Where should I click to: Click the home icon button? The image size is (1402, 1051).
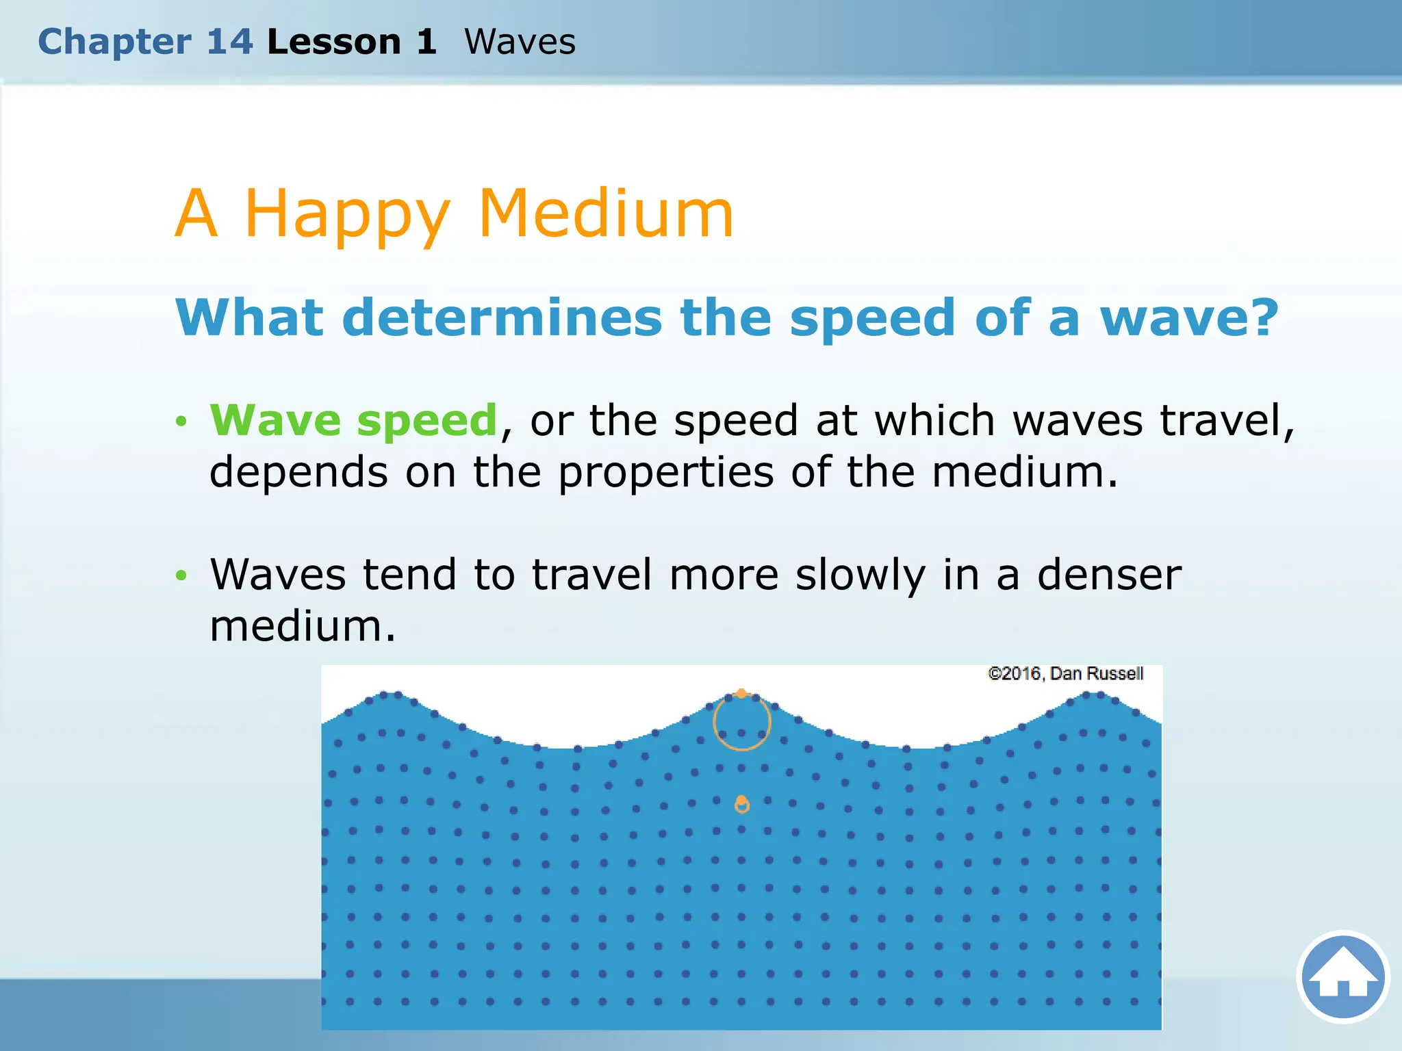(1342, 976)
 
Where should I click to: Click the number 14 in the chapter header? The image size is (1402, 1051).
(230, 42)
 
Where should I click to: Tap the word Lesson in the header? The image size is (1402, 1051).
(333, 42)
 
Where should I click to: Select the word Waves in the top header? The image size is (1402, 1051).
(520, 42)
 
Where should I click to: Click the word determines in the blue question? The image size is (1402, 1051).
(502, 318)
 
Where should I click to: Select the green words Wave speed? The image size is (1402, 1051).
(353, 419)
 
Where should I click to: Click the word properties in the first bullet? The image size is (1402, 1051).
(666, 473)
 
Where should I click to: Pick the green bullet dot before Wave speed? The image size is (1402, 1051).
(181, 421)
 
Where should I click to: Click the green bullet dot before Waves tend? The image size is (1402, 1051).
(181, 575)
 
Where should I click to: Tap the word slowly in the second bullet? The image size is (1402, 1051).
(860, 575)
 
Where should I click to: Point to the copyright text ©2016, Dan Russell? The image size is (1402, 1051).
(1065, 674)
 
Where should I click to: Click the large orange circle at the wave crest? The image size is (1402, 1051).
(741, 722)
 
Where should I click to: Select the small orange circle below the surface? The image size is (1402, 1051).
(741, 805)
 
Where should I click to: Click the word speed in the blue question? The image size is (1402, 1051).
(873, 318)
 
